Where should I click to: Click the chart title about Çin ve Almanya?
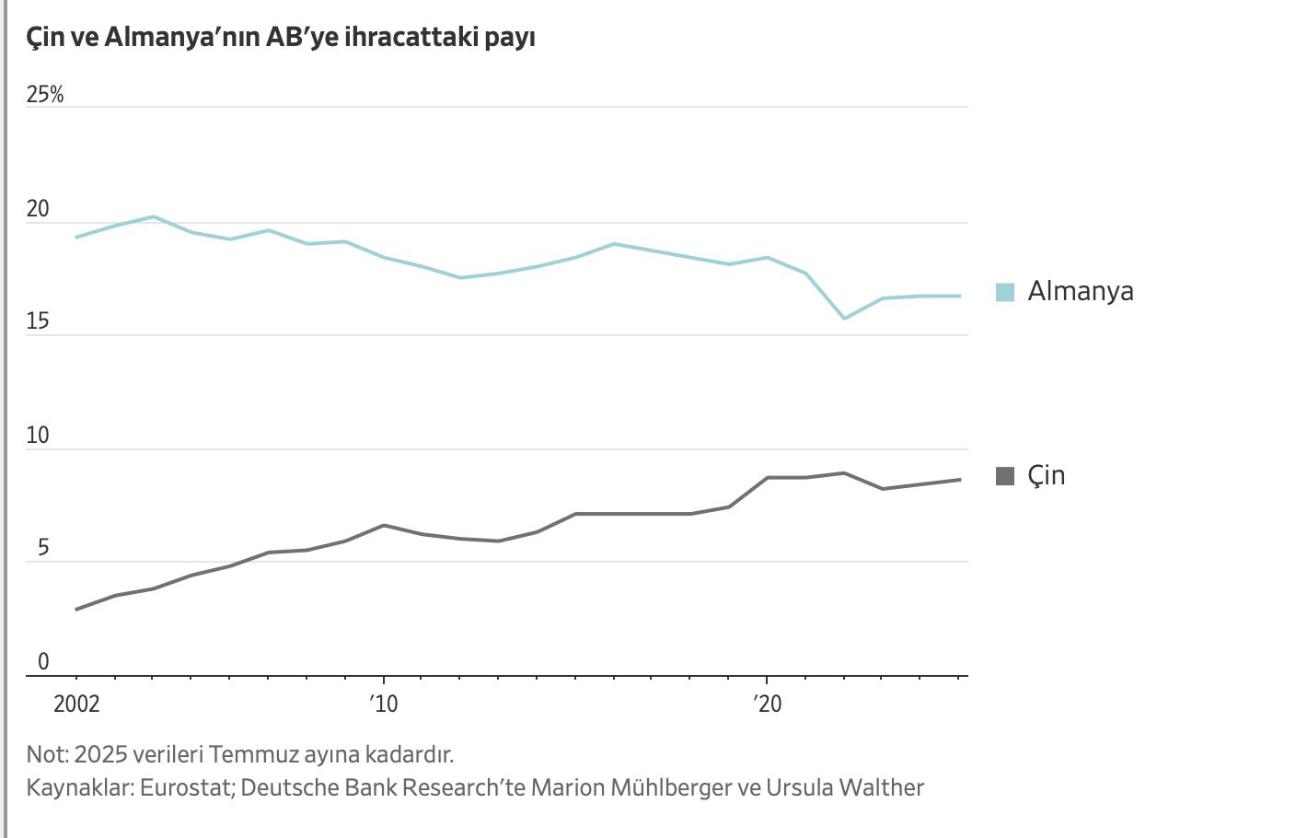tap(281, 38)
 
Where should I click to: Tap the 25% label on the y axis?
tap(45, 95)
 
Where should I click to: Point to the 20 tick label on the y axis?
tap(38, 209)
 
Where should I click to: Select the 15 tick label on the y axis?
tap(38, 321)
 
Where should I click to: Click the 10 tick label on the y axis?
tap(38, 436)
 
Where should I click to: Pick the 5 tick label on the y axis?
tap(42, 549)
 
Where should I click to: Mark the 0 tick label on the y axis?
tap(42, 661)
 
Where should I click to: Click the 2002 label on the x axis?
tap(76, 704)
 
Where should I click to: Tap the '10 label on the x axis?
tap(384, 704)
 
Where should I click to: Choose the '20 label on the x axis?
tap(767, 704)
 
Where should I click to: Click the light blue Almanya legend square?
tap(1005, 292)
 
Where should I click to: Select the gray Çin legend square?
tap(1005, 476)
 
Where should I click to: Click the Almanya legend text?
tap(1081, 292)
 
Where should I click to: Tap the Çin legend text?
tap(1047, 476)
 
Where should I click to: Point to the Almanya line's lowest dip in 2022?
tap(844, 319)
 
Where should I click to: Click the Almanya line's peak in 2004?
tap(154, 216)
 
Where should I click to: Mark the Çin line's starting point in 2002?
tap(76, 610)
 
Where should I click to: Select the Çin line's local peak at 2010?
tap(384, 525)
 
